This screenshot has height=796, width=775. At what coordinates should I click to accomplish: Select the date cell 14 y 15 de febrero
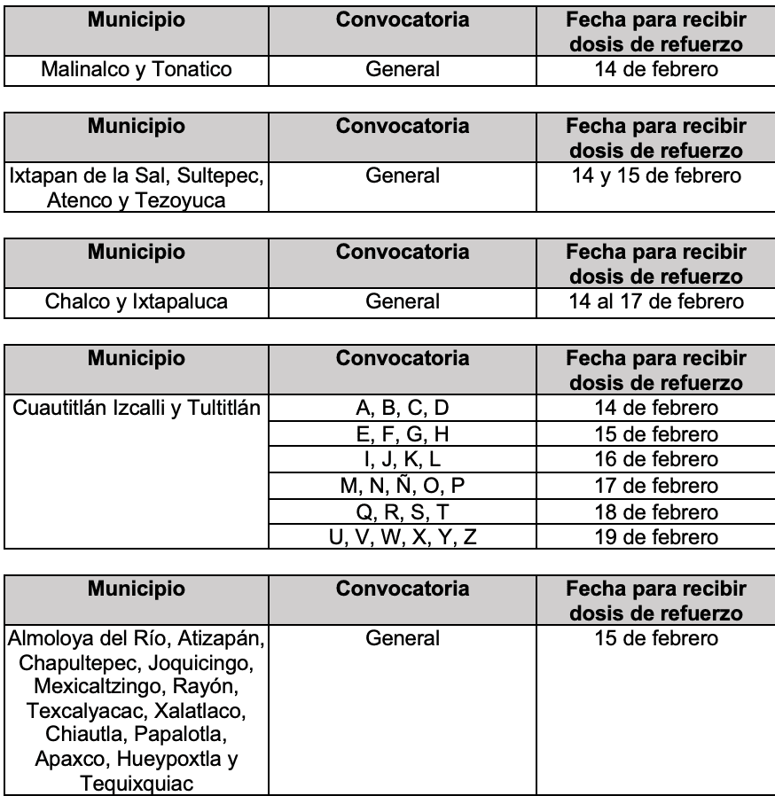click(655, 176)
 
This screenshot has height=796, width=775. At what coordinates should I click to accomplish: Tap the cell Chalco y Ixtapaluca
click(137, 302)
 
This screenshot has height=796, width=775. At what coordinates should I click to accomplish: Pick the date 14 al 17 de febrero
click(655, 302)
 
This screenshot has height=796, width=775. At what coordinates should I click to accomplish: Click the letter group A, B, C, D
click(403, 409)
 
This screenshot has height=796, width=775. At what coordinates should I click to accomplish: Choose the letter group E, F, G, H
click(403, 434)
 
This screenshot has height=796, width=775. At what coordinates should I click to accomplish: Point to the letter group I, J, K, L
click(403, 460)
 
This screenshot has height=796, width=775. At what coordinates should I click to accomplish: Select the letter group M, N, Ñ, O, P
click(403, 486)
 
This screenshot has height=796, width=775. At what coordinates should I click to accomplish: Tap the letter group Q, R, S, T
click(403, 511)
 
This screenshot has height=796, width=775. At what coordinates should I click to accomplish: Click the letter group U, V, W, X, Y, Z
click(403, 537)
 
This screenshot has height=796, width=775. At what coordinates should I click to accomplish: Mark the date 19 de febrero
click(655, 537)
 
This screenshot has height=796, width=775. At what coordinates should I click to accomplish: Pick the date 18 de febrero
click(655, 511)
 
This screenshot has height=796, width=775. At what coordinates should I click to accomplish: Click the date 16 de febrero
click(655, 460)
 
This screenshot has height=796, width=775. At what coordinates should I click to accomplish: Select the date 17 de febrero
click(655, 486)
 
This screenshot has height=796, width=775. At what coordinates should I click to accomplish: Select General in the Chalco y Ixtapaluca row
click(403, 302)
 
